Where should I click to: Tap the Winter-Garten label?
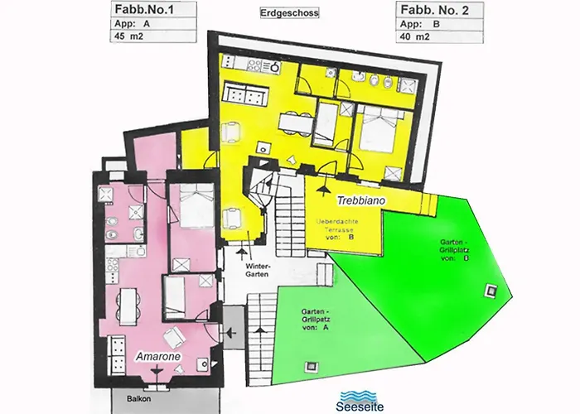(258, 271)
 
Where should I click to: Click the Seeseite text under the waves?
(360, 407)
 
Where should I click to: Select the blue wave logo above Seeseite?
(360, 394)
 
